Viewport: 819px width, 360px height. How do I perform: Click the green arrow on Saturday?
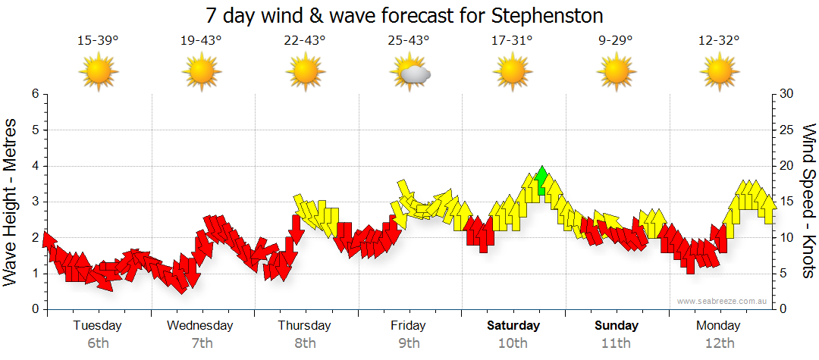tap(541, 181)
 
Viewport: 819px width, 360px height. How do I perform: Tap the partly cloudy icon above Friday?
tap(410, 73)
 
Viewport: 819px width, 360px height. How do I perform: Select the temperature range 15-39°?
tap(98, 41)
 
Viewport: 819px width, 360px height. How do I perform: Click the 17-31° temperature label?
tap(513, 41)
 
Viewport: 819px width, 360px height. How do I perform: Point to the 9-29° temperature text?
tap(616, 41)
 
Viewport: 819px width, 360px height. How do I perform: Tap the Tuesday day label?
tap(98, 326)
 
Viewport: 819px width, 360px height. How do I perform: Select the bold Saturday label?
tap(513, 326)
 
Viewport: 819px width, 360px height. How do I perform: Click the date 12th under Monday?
tap(720, 343)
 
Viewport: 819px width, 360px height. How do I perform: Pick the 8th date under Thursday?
tap(305, 343)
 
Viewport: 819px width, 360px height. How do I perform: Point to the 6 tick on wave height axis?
tap(34, 94)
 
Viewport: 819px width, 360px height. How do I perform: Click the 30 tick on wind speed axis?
tap(787, 94)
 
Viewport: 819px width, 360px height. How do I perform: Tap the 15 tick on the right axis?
tap(787, 202)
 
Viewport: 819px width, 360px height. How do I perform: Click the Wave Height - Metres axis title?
tap(11, 202)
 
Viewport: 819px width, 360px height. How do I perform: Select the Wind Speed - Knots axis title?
tap(808, 202)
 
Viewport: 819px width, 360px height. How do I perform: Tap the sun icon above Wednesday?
tap(202, 73)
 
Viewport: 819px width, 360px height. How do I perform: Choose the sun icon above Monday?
tap(720, 73)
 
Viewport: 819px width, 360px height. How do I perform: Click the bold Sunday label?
tap(616, 326)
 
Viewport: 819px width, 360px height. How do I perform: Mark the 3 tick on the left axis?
tap(34, 202)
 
